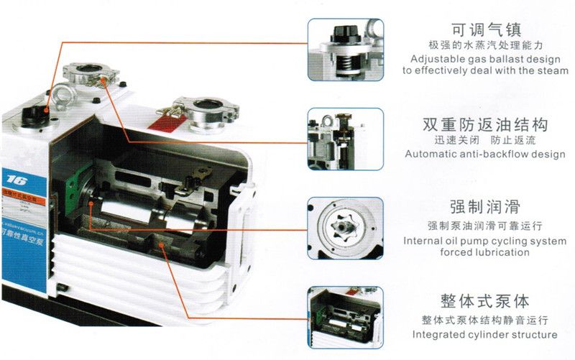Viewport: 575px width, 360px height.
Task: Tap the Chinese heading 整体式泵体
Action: (486, 300)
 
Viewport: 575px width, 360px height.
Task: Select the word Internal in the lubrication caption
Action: (423, 241)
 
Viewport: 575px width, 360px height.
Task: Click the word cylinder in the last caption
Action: (490, 335)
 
